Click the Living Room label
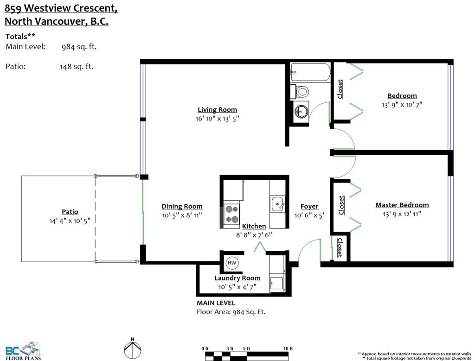(217, 110)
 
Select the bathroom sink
(302, 111)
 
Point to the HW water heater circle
(231, 263)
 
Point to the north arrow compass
(132, 348)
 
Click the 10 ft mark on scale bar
(288, 348)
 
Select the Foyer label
(309, 206)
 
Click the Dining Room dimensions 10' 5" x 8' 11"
(182, 215)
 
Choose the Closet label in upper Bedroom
(340, 89)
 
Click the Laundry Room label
(237, 278)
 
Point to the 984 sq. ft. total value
(79, 46)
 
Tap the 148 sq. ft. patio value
(76, 66)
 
